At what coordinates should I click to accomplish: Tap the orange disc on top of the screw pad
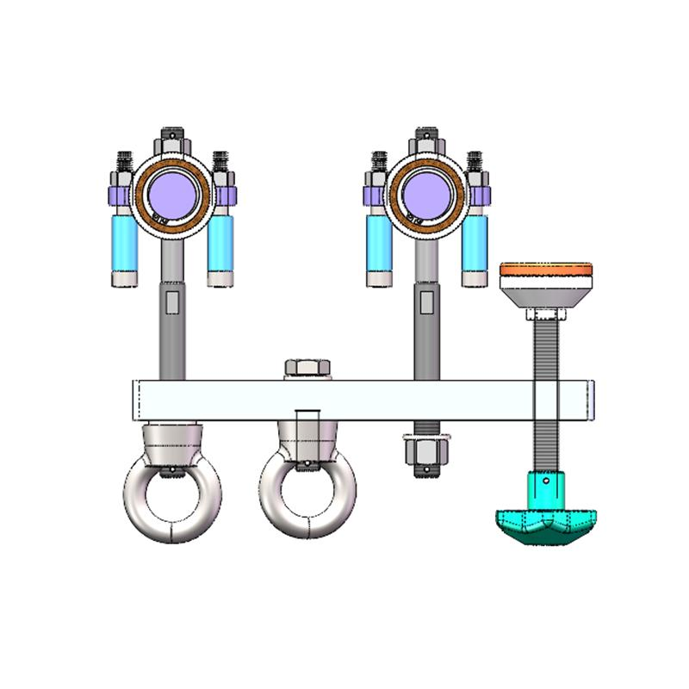click(x=547, y=269)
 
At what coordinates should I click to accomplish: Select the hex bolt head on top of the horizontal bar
click(x=307, y=368)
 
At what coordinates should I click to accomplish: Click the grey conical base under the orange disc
click(x=547, y=297)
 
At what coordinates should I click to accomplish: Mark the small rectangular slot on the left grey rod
click(x=171, y=303)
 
